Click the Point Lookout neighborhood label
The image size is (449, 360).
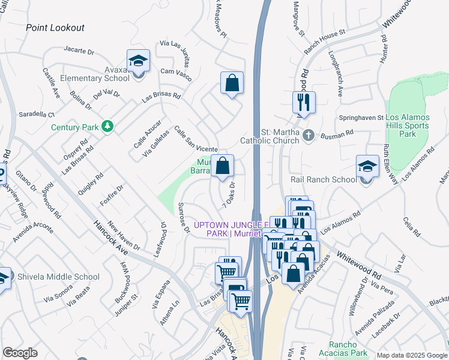click(55, 28)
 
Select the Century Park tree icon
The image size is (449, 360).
click(107, 126)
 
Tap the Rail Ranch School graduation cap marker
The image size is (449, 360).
click(367, 166)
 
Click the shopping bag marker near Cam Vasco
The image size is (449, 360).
click(232, 83)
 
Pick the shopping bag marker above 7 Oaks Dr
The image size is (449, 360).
click(223, 166)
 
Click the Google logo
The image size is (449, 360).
click(20, 353)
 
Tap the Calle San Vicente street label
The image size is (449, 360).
click(195, 139)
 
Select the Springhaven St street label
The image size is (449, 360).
click(361, 118)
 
